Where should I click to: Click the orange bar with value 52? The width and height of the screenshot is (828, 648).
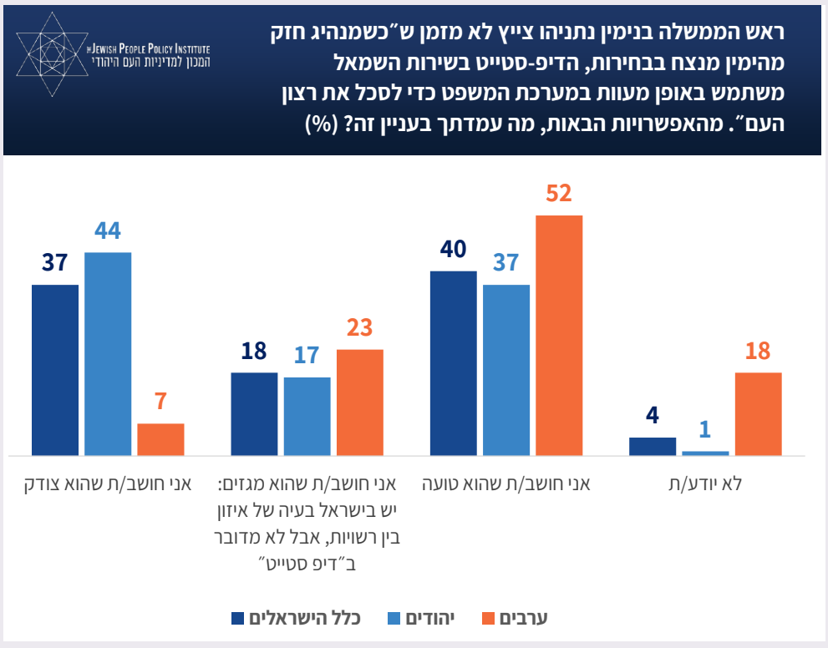coord(559,335)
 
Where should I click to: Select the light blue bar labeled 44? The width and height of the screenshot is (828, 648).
coord(108,353)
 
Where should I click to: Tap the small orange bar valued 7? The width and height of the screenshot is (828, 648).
coord(160,439)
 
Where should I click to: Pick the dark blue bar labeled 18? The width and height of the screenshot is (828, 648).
coord(253,413)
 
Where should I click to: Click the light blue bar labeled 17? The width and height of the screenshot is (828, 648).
coord(307,416)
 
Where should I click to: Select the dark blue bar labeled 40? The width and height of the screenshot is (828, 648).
coord(453,362)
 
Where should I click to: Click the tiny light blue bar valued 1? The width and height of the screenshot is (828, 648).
coord(705,453)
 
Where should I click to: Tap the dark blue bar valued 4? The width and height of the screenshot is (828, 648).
coord(653,446)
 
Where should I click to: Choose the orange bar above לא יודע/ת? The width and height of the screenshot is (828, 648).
coord(758,413)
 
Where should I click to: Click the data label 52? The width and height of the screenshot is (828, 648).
coord(559,195)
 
